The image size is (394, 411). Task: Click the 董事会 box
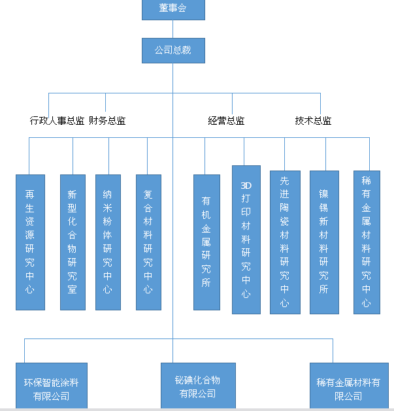coord(173,9)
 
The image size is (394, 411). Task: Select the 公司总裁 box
coord(173,50)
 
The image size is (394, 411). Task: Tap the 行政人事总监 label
coord(57,121)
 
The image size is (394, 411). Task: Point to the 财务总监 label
coord(107,121)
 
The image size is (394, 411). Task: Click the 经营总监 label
coord(227,121)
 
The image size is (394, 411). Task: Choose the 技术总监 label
coord(313,121)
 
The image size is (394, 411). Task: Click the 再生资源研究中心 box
coord(30,242)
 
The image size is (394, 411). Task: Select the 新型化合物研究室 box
coord(73,242)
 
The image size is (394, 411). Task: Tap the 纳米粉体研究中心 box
coord(108,242)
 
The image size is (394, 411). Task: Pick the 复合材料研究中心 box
coord(148,242)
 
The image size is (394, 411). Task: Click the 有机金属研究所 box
coord(206,242)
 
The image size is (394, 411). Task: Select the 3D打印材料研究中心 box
coord(246,239)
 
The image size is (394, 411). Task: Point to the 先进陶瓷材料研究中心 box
coord(285,242)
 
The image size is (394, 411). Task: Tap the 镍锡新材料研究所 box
coord(324,242)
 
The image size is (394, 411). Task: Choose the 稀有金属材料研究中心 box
coord(367,242)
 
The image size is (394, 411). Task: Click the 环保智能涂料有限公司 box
coord(52,387)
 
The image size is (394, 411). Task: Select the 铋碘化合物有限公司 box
coord(199,386)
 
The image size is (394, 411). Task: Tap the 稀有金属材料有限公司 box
coord(348,387)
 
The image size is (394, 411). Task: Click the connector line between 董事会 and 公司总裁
coord(173,29)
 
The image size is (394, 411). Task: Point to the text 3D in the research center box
coord(246,185)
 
